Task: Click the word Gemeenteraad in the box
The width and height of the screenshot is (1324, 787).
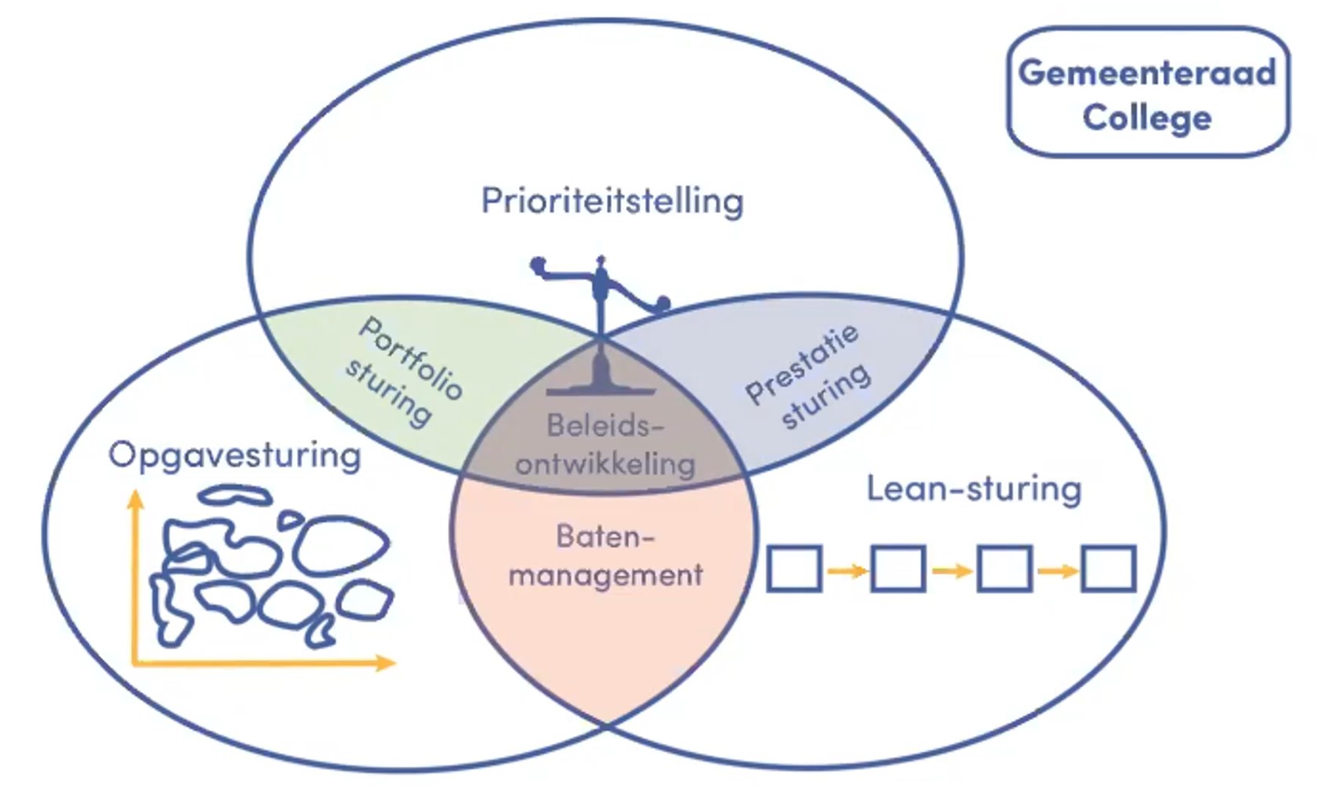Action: tap(1146, 73)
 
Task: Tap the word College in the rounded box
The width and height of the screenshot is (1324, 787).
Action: tap(1146, 118)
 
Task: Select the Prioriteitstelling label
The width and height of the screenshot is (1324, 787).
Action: tap(612, 200)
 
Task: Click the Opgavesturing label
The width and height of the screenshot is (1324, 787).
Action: tap(234, 455)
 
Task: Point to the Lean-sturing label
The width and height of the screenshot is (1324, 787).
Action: tap(974, 488)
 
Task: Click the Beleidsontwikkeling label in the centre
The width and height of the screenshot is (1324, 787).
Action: tap(605, 445)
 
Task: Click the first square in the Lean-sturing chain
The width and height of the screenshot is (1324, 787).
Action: tap(794, 568)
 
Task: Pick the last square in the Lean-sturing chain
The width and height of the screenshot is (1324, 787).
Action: tap(1108, 568)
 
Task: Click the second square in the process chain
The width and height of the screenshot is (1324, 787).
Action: tap(898, 568)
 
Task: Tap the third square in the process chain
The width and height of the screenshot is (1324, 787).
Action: tap(1003, 568)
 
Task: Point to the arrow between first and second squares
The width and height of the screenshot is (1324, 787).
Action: tap(847, 571)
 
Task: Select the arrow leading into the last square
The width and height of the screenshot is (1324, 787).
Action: tap(1057, 571)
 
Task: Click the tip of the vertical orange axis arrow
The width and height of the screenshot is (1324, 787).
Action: tap(136, 495)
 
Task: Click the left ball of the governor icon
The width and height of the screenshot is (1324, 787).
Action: tap(538, 264)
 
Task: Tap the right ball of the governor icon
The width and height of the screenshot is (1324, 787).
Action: tap(663, 303)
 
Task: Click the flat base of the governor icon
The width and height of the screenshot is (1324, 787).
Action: tap(601, 390)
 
